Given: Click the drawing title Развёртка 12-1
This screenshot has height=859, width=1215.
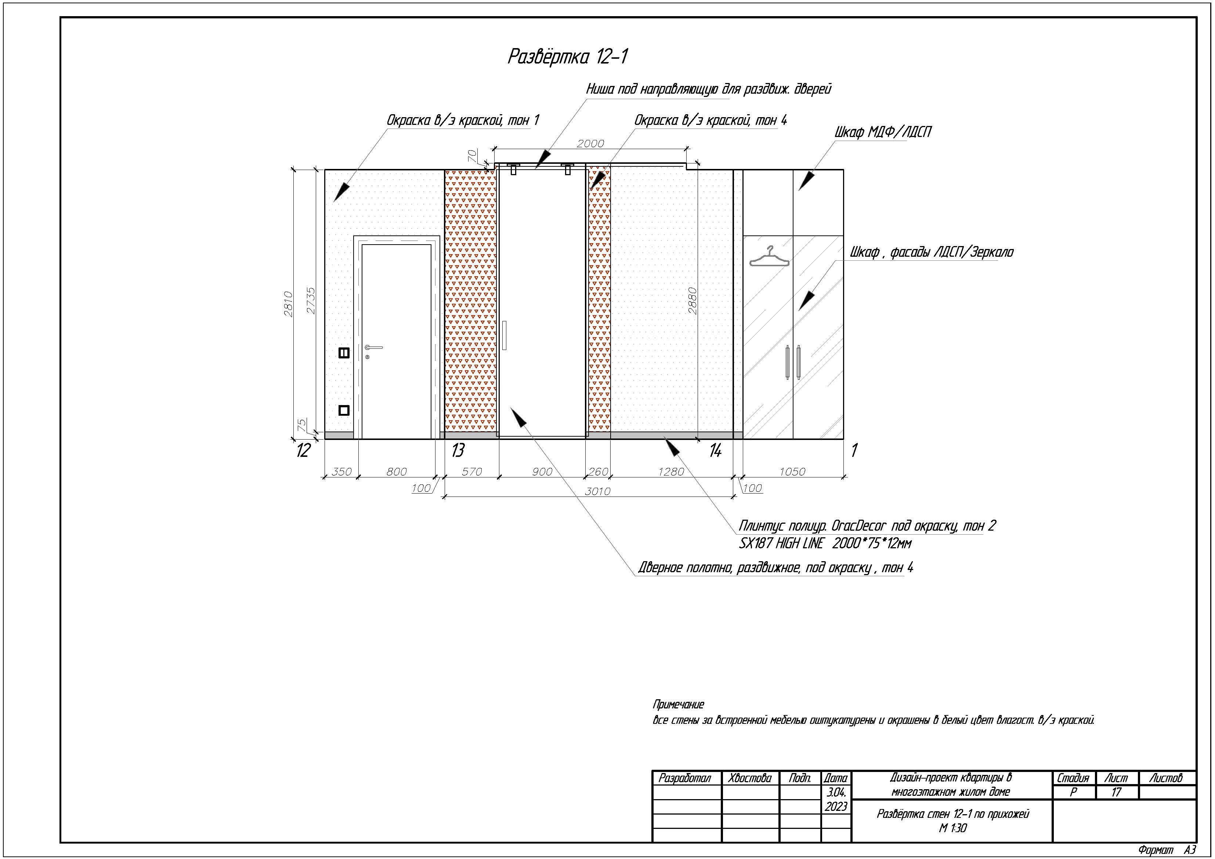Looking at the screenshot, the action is pyautogui.click(x=568, y=57).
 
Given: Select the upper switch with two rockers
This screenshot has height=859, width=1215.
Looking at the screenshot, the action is pyautogui.click(x=344, y=353).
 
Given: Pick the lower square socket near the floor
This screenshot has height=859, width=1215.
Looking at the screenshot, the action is pyautogui.click(x=344, y=410).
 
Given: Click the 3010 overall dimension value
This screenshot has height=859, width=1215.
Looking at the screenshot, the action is pyautogui.click(x=597, y=491).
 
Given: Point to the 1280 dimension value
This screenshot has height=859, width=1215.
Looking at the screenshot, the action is pyautogui.click(x=671, y=472).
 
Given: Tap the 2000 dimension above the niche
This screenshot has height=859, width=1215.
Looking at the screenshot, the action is pyautogui.click(x=590, y=144).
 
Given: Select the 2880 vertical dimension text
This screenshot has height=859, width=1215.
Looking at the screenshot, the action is pyautogui.click(x=692, y=301).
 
